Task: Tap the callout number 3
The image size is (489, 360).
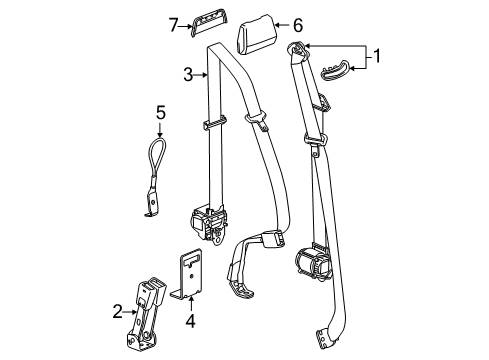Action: [187, 73]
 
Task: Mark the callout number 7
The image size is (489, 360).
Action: [173, 23]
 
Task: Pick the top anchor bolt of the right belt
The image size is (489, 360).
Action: [296, 50]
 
